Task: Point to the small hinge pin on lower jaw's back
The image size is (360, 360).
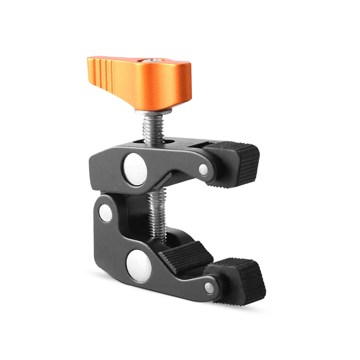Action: (105, 213)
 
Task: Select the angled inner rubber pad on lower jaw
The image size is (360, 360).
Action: (185, 255)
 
